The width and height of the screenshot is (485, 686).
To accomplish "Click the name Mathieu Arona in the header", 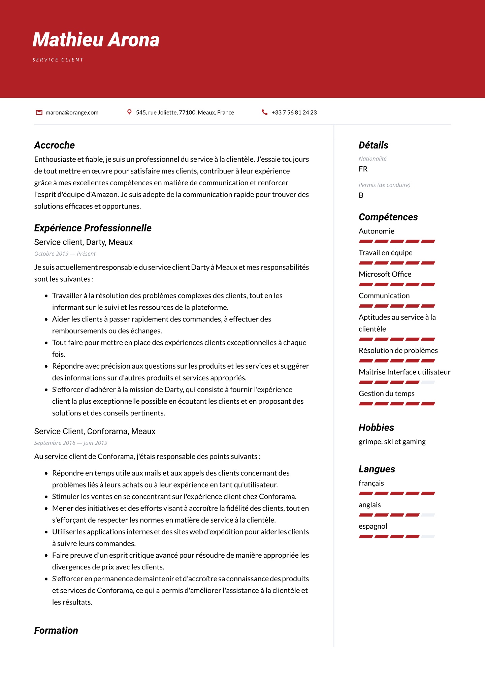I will pyautogui.click(x=96, y=40).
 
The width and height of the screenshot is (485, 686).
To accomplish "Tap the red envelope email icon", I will pyautogui.click(x=39, y=113).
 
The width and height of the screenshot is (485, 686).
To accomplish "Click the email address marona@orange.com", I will pyautogui.click(x=72, y=113).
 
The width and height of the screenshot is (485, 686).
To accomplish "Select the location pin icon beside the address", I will pyautogui.click(x=129, y=112).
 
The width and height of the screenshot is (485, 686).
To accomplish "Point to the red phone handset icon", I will pyautogui.click(x=265, y=112).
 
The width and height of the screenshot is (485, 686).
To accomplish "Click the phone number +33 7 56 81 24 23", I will pyautogui.click(x=294, y=113).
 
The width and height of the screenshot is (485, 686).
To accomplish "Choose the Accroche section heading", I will pyautogui.click(x=55, y=145).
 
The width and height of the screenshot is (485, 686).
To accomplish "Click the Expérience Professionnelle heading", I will pyautogui.click(x=93, y=228).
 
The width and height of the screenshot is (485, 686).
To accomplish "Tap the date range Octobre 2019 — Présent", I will pyautogui.click(x=65, y=254).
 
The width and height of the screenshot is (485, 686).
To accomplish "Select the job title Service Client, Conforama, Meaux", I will pyautogui.click(x=95, y=432).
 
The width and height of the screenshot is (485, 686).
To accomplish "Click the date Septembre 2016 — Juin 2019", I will pyautogui.click(x=71, y=443).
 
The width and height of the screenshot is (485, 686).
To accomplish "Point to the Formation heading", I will pyautogui.click(x=56, y=631).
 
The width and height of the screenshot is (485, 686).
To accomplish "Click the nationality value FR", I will pyautogui.click(x=363, y=169).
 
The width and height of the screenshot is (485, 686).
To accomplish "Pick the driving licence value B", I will pyautogui.click(x=361, y=195).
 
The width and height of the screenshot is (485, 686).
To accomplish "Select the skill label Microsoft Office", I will pyautogui.click(x=385, y=274).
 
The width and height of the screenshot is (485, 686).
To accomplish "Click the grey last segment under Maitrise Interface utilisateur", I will pyautogui.click(x=428, y=382).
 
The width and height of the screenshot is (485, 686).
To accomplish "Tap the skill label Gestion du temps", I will pyautogui.click(x=387, y=394).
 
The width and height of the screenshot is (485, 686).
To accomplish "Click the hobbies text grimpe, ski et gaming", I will pyautogui.click(x=392, y=442).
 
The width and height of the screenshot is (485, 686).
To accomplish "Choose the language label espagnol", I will pyautogui.click(x=373, y=526).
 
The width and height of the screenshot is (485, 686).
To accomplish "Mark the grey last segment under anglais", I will pyautogui.click(x=428, y=515).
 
